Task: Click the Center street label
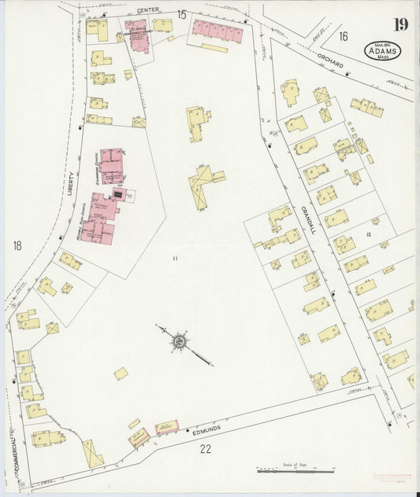tap(147, 9)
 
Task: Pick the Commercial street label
tap(15, 451)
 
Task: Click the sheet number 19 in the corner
tap(401, 24)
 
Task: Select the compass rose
tap(180, 342)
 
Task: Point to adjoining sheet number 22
tap(206, 449)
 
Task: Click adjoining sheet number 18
tap(17, 246)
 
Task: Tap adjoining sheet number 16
tap(343, 35)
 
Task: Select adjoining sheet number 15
tap(182, 14)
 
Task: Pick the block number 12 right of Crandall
tap(367, 235)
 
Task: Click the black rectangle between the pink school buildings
tap(119, 192)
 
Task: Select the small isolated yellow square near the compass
tap(121, 374)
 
